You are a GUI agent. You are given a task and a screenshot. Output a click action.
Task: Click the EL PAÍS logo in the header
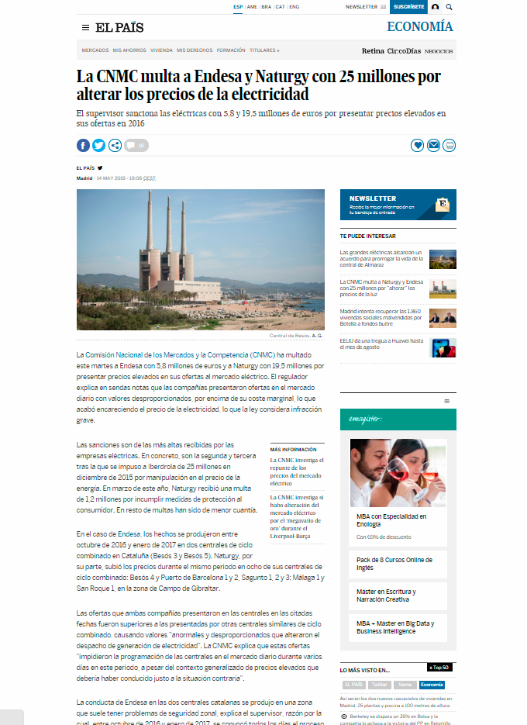[x=119, y=28]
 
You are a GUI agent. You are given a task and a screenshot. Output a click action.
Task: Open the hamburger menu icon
[x=85, y=28]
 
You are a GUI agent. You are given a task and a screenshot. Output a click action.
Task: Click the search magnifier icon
[x=449, y=7]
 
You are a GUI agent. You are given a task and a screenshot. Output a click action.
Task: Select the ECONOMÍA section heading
[x=420, y=27]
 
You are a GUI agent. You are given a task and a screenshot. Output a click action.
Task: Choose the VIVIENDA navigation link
[x=161, y=50]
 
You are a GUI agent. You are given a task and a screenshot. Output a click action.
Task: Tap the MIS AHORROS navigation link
[x=129, y=50]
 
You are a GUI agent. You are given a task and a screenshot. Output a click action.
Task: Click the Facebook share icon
[x=83, y=145]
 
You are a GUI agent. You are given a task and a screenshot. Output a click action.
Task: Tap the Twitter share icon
[x=99, y=145]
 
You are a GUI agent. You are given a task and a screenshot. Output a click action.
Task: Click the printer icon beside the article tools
[x=449, y=145]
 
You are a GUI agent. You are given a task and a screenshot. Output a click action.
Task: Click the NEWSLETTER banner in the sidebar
[x=398, y=205]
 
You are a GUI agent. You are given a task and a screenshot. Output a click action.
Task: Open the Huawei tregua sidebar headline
[x=382, y=344]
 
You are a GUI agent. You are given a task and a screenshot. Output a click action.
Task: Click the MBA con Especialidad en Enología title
[x=391, y=520]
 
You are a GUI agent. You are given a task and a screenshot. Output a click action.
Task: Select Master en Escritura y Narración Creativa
[x=386, y=596]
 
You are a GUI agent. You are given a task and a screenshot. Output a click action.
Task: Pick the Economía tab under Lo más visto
[x=432, y=685]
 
